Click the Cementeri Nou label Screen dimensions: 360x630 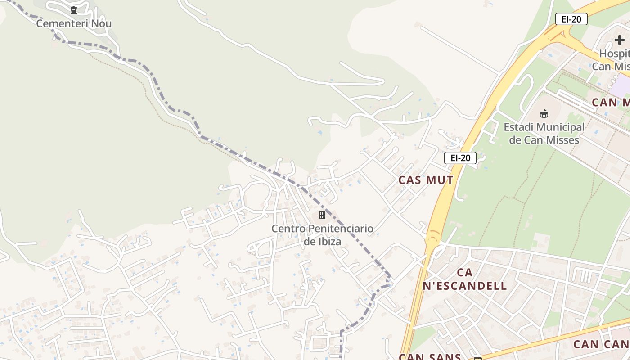tap(74, 23)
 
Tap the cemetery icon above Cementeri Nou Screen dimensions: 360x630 tap(74, 10)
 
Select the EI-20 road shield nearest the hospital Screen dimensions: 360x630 tap(571, 19)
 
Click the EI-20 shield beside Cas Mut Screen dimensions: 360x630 tap(460, 157)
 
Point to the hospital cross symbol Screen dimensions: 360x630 tap(620, 40)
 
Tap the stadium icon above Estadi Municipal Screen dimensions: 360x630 tap(544, 113)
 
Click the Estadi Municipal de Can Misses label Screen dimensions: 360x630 tap(544, 133)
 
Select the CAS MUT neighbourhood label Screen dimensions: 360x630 tap(426, 180)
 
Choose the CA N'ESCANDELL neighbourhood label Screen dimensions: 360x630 tap(465, 279)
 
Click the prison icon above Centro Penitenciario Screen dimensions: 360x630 tap(322, 215)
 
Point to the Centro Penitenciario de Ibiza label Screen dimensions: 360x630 tap(322, 235)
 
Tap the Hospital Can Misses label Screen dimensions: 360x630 tap(612, 60)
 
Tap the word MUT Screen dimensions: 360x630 tap(439, 180)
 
